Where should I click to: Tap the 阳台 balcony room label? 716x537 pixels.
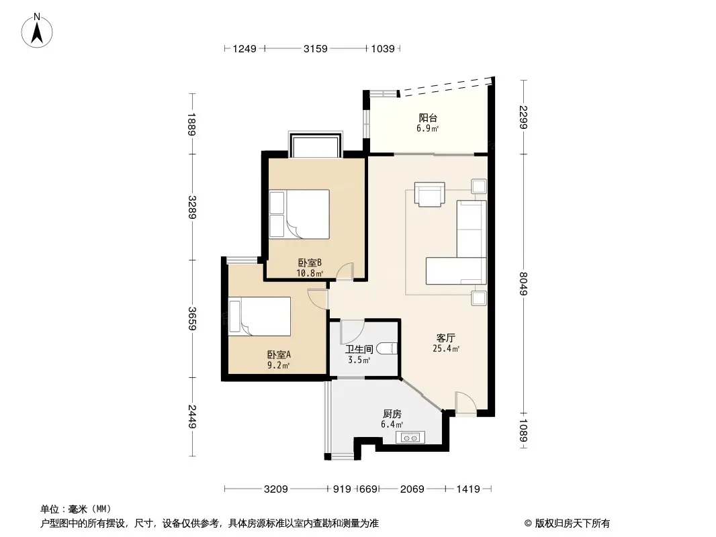(428, 118)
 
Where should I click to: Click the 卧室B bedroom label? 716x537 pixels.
(310, 264)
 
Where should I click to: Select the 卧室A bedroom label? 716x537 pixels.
(279, 355)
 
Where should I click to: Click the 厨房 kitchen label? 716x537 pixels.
(392, 414)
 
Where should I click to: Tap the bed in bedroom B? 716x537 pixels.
(300, 215)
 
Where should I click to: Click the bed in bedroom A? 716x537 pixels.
(259, 316)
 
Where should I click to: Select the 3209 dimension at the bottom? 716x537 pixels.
(276, 489)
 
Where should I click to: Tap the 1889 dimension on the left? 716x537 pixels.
(192, 124)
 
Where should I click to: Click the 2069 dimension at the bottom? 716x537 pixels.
(412, 489)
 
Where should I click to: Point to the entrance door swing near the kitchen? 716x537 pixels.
(465, 402)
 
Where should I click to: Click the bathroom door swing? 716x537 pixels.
(351, 331)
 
